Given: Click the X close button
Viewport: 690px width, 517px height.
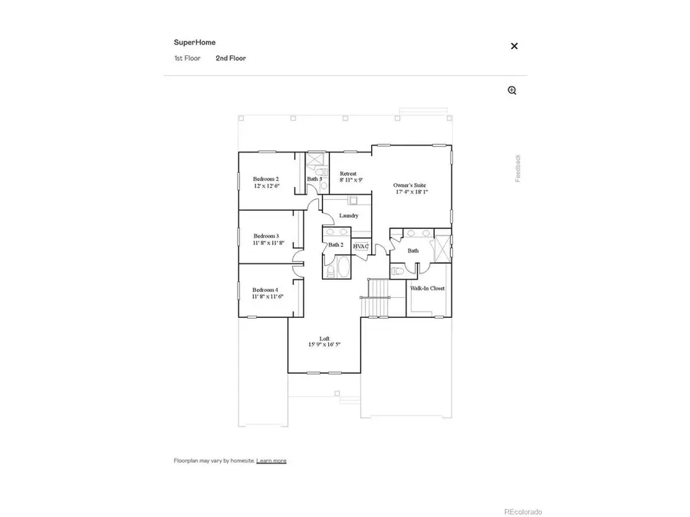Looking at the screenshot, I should click(x=514, y=46).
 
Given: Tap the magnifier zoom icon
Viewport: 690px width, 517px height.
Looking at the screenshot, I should click(x=512, y=90).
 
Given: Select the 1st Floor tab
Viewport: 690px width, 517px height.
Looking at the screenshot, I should click(x=187, y=58).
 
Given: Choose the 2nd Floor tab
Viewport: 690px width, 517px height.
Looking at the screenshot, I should click(x=231, y=58).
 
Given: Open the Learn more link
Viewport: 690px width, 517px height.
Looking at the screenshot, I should click(x=271, y=460).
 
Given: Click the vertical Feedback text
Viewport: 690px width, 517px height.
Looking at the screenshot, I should click(x=517, y=168).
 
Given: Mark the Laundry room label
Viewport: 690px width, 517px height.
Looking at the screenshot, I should click(x=349, y=216).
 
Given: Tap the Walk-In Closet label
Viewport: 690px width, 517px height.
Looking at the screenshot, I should click(x=427, y=289).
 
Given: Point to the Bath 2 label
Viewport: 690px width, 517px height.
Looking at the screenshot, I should click(x=335, y=245).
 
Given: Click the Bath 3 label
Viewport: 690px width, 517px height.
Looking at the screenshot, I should click(x=314, y=179).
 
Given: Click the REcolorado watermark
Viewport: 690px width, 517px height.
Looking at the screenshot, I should click(x=522, y=512).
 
